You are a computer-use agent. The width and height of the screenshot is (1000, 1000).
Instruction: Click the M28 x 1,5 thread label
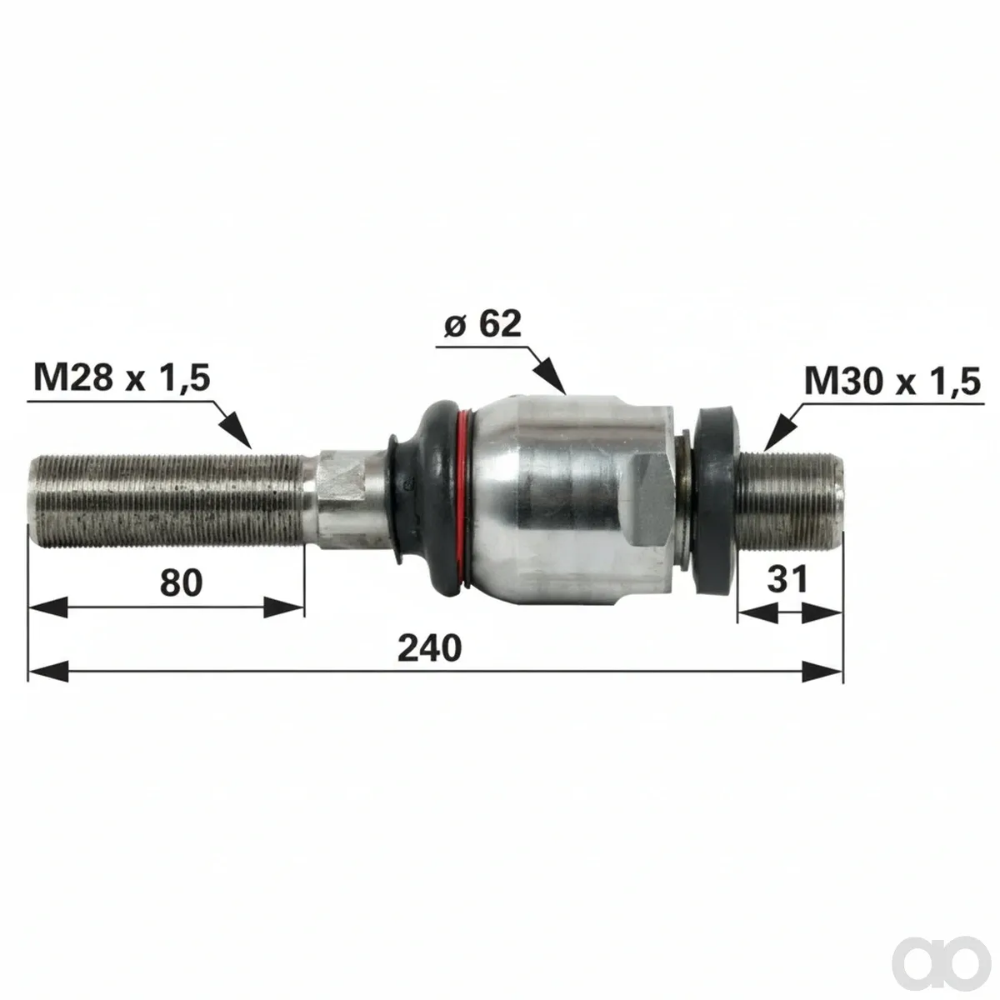coord(122,377)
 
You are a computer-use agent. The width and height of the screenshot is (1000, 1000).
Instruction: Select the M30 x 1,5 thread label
coord(892,382)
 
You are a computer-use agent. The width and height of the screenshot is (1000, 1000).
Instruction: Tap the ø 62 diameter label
coord(483,324)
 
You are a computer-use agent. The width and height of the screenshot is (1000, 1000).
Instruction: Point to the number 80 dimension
coord(181,582)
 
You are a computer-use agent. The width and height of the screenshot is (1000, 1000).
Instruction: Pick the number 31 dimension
coord(787,579)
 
